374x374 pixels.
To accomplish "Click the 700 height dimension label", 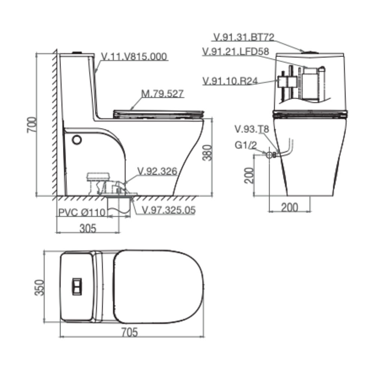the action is click(x=32, y=125).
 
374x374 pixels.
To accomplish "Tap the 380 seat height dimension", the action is click(x=207, y=153).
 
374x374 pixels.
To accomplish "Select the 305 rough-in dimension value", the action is click(x=88, y=228).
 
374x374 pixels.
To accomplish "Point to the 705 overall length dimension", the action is click(x=129, y=332).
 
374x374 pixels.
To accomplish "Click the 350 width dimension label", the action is click(x=40, y=287).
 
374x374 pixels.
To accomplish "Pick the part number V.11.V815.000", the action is click(x=134, y=57).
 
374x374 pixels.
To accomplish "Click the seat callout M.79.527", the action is click(x=162, y=93).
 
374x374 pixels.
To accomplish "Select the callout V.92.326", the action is click(x=157, y=171).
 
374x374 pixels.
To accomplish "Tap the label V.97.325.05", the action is click(x=169, y=210).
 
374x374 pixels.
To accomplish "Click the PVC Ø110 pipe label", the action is click(x=82, y=212).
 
